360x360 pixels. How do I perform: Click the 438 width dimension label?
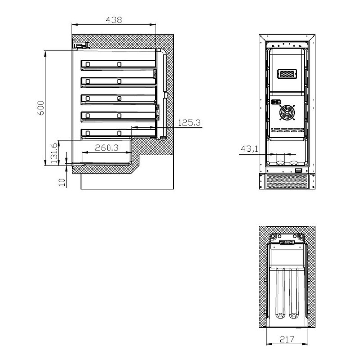(114, 20)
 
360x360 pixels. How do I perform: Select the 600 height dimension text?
(40, 108)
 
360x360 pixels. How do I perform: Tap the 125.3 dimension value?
(189, 122)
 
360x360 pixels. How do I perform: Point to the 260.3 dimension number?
(107, 147)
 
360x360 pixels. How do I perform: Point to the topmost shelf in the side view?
(118, 65)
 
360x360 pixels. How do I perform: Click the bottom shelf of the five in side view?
(118, 133)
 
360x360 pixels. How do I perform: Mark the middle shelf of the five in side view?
(118, 99)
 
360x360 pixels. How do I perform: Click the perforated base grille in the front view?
(287, 182)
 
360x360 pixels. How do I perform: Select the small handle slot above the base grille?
(298, 171)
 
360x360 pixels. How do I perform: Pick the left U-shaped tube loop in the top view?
(281, 290)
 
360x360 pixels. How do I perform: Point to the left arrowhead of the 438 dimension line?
(74, 25)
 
